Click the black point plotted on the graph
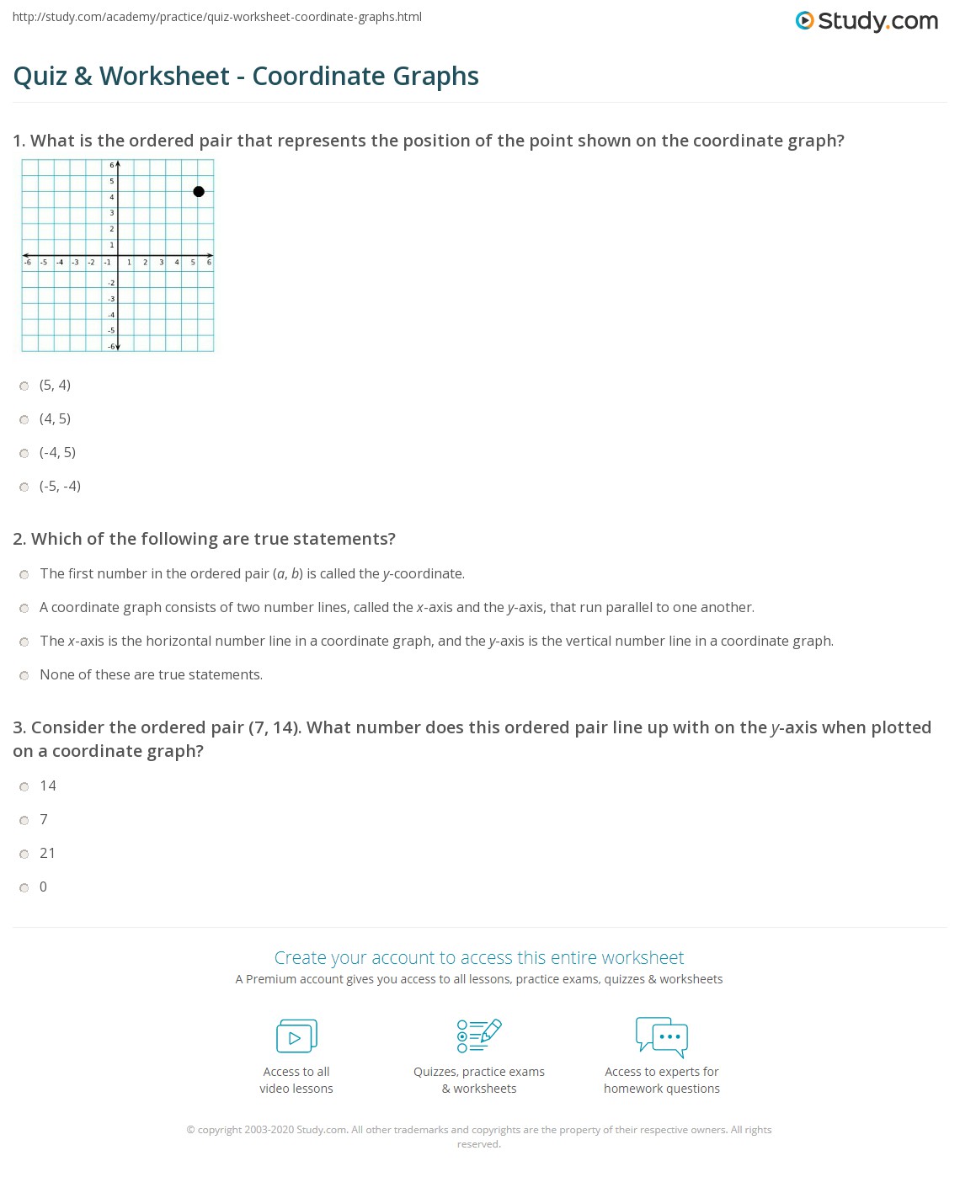click(199, 192)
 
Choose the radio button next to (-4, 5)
click(24, 454)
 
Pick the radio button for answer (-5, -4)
click(24, 487)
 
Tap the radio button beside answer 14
click(24, 787)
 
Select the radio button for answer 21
click(24, 855)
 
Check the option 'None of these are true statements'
click(24, 676)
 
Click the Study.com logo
click(867, 21)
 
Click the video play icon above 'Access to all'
click(296, 1036)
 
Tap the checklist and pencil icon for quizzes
click(479, 1036)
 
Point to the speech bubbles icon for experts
click(662, 1036)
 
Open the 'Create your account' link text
click(478, 958)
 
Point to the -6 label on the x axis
click(28, 263)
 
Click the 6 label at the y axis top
click(111, 165)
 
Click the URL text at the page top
click(216, 17)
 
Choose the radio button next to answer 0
click(24, 888)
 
